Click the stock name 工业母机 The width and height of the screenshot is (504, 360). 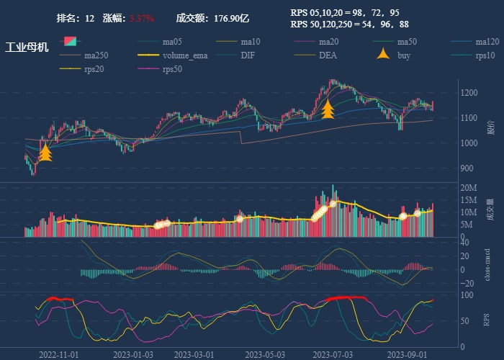(27, 48)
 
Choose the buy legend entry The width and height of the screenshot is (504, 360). (404, 55)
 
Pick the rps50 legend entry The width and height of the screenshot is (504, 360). (172, 69)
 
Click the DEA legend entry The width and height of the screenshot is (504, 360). (328, 55)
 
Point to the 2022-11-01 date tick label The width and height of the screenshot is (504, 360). (59, 355)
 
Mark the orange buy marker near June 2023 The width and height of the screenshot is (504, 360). (328, 109)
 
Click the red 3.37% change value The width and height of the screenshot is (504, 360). (142, 18)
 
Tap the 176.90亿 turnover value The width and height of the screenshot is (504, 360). (231, 18)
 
